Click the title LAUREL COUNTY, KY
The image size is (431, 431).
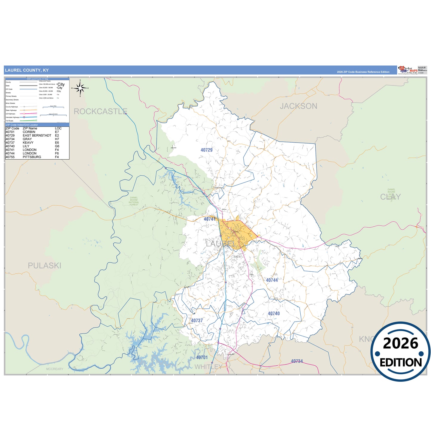click(27, 70)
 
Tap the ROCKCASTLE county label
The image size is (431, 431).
click(101, 112)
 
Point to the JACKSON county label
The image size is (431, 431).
click(298, 106)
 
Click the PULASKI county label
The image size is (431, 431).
click(44, 265)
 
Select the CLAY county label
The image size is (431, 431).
click(390, 197)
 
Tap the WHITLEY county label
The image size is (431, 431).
click(208, 367)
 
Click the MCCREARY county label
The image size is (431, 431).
click(55, 369)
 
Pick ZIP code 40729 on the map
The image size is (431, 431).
click(206, 150)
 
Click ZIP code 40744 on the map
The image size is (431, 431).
click(272, 280)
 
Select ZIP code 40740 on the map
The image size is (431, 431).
click(274, 313)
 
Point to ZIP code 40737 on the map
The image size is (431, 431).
click(197, 321)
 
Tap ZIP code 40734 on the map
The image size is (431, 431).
click(297, 361)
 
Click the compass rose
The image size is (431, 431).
click(80, 88)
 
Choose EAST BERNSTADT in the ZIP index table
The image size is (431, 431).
click(37, 135)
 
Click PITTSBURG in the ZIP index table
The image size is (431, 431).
click(32, 157)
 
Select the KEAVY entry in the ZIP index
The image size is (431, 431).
click(28, 143)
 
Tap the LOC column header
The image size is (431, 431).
click(58, 128)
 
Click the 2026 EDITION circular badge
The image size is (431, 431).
click(400, 352)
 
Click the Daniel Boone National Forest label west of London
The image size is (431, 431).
click(134, 201)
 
